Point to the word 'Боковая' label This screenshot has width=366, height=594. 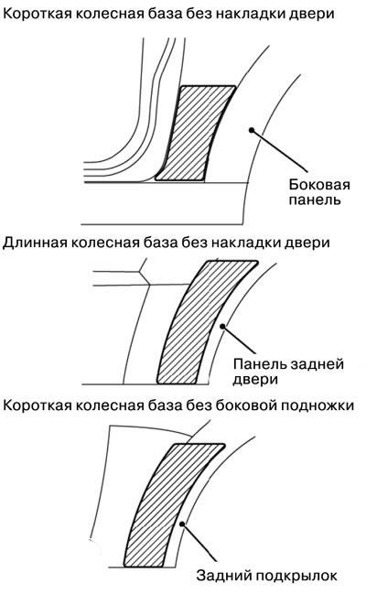319,185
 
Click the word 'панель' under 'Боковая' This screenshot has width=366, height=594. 315,200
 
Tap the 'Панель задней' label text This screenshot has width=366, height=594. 288,364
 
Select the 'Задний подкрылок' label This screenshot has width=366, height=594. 266,576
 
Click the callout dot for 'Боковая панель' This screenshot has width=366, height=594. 251,130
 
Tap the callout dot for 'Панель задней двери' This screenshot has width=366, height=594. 222,326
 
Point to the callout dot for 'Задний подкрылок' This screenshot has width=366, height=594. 182,524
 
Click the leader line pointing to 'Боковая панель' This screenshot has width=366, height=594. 279,151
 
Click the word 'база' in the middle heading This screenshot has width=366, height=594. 161,243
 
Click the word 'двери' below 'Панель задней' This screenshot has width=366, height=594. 255,380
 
